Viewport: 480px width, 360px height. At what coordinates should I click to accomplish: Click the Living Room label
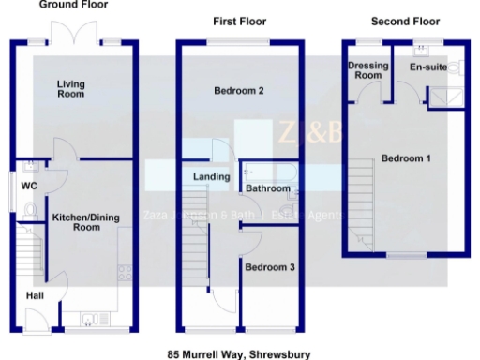coord(70,89)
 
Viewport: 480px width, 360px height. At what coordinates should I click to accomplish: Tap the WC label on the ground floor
coord(29,185)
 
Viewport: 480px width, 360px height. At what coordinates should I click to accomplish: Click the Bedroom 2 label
coord(238,91)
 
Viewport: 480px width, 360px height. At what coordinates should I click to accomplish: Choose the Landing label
coord(212,177)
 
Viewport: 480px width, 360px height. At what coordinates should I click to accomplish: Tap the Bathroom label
coord(268,188)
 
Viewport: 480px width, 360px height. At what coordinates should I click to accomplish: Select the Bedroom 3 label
coord(270,267)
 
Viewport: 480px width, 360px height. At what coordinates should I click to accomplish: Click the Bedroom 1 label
coord(406,158)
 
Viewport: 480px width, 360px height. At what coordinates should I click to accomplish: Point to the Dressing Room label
coord(366,70)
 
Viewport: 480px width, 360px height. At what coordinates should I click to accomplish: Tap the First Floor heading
coord(240,21)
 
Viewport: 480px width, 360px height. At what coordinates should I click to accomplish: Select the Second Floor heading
coord(405,21)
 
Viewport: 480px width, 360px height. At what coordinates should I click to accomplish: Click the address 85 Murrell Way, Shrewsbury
coord(238,354)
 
